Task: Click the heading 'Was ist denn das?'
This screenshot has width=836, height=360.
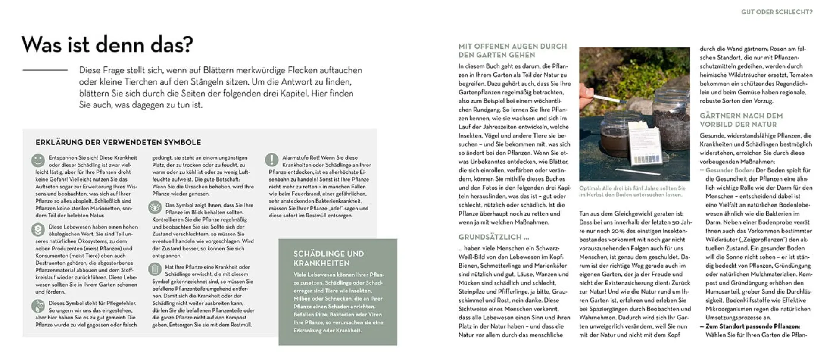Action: point(107,45)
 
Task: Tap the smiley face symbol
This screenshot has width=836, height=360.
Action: point(38,160)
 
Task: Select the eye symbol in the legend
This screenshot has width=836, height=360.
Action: point(155,207)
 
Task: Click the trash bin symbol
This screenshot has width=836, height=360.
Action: point(154,269)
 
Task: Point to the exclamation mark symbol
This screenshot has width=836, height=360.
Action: point(271,160)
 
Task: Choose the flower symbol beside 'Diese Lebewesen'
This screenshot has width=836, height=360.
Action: point(38,229)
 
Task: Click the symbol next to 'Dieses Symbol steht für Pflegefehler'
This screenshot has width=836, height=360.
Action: point(38,306)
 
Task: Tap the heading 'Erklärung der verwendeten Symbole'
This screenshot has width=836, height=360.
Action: point(118,142)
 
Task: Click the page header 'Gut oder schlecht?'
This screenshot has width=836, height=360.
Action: point(777,12)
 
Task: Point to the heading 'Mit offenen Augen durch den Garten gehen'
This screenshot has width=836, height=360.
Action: point(512,50)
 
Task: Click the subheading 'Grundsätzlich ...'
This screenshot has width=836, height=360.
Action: point(494,237)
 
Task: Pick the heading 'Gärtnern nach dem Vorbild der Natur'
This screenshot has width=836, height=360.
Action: point(741,120)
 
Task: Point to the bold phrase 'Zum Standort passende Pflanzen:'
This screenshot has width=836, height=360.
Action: point(752,326)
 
